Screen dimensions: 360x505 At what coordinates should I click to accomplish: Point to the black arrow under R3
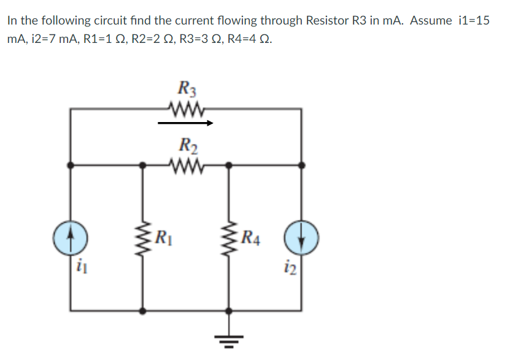185,123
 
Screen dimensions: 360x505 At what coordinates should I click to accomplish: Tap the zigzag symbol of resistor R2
185,164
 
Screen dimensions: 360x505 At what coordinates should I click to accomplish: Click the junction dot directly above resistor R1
144,164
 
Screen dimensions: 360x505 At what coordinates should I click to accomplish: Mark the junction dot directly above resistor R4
229,164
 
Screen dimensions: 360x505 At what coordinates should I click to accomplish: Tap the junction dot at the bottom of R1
144,311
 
